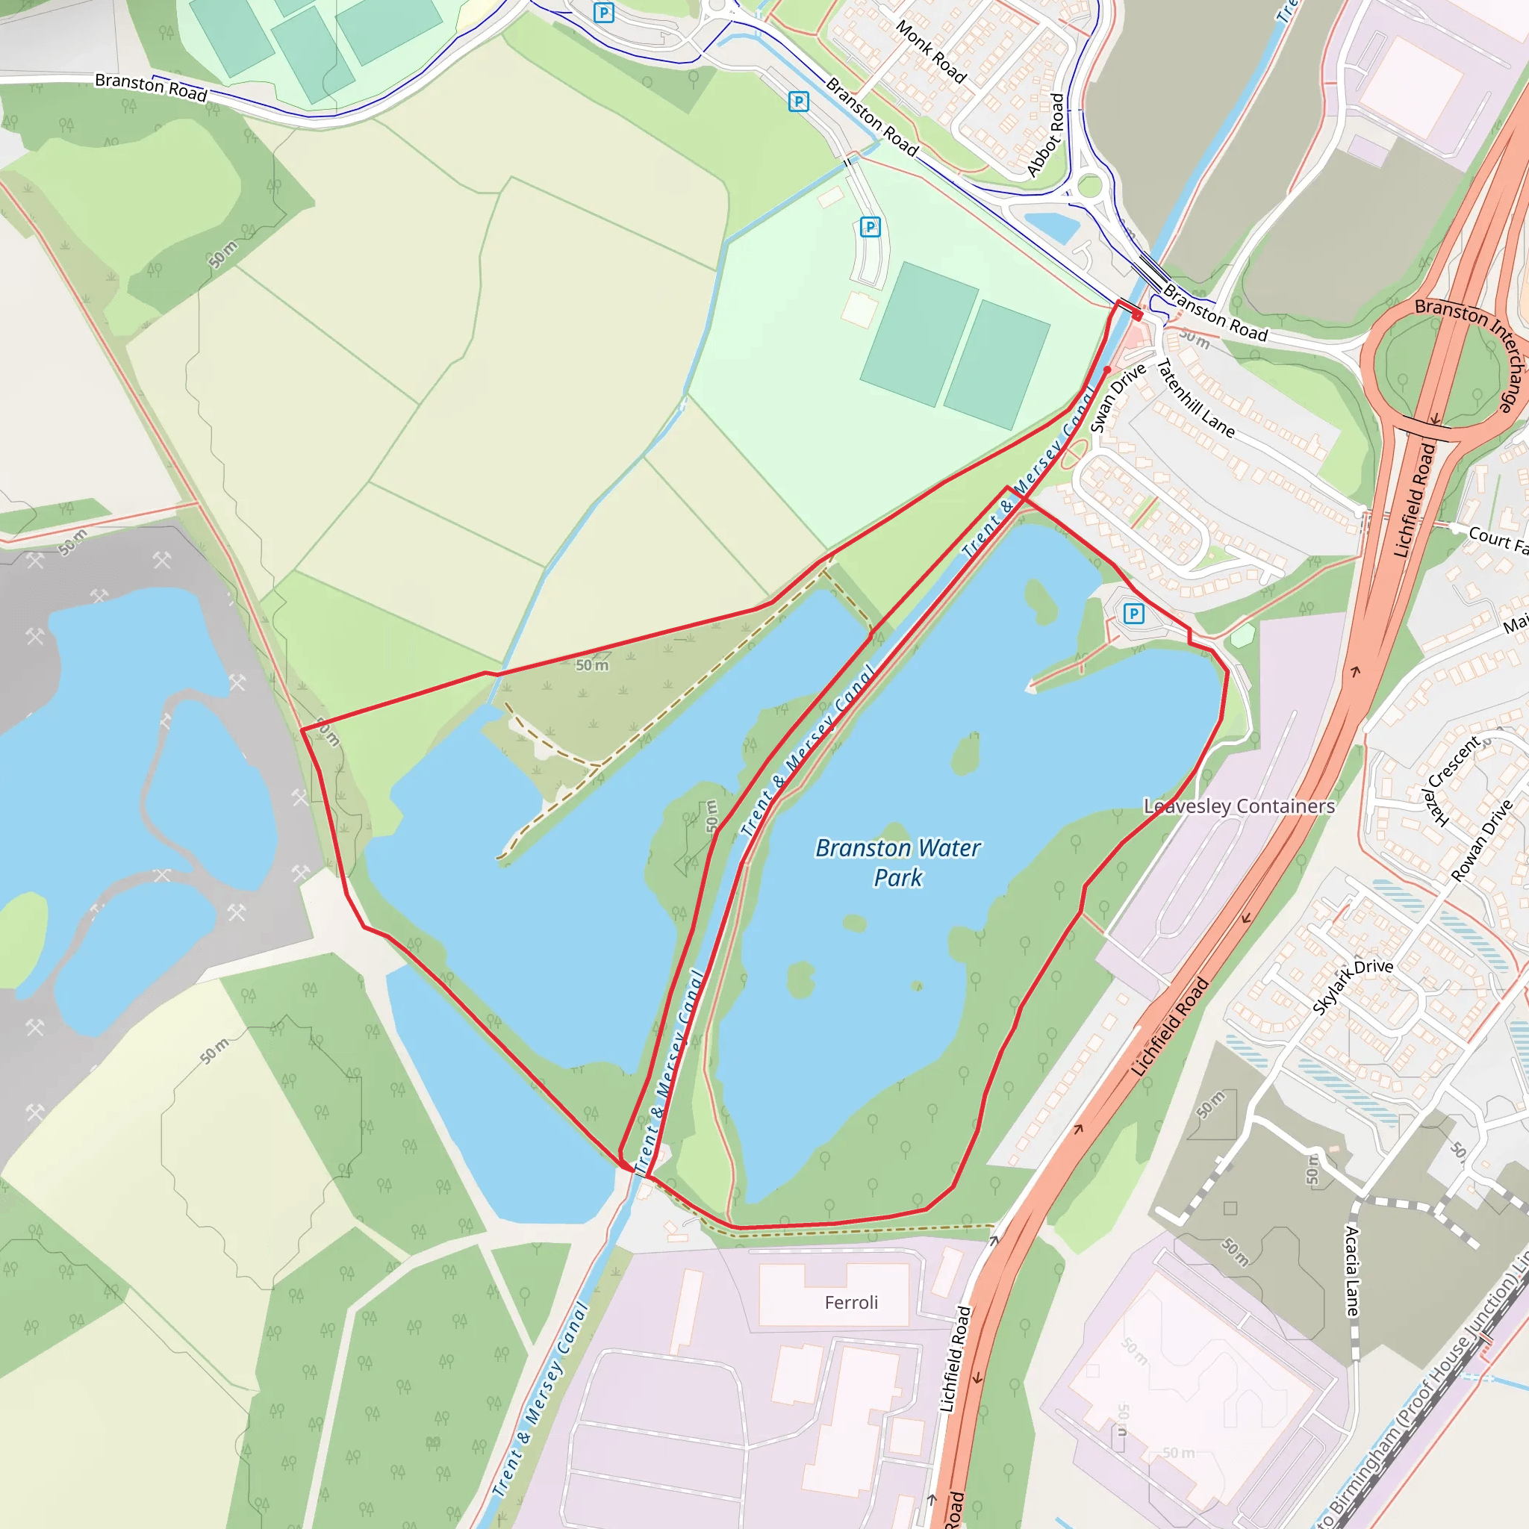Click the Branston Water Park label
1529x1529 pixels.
897,862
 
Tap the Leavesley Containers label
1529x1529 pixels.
1239,806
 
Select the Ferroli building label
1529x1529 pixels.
851,1303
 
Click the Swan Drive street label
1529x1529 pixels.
1118,397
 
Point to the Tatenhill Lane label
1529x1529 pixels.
1195,399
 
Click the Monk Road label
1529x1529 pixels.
931,52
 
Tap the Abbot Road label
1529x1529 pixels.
1046,134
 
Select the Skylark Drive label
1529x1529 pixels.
1353,986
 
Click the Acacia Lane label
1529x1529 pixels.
1353,1270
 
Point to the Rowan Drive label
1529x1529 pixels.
1481,841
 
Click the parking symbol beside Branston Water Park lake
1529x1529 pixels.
1134,614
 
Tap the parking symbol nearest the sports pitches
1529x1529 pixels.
870,227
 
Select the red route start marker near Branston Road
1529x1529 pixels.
1137,316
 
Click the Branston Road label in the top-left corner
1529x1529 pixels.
150,87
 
